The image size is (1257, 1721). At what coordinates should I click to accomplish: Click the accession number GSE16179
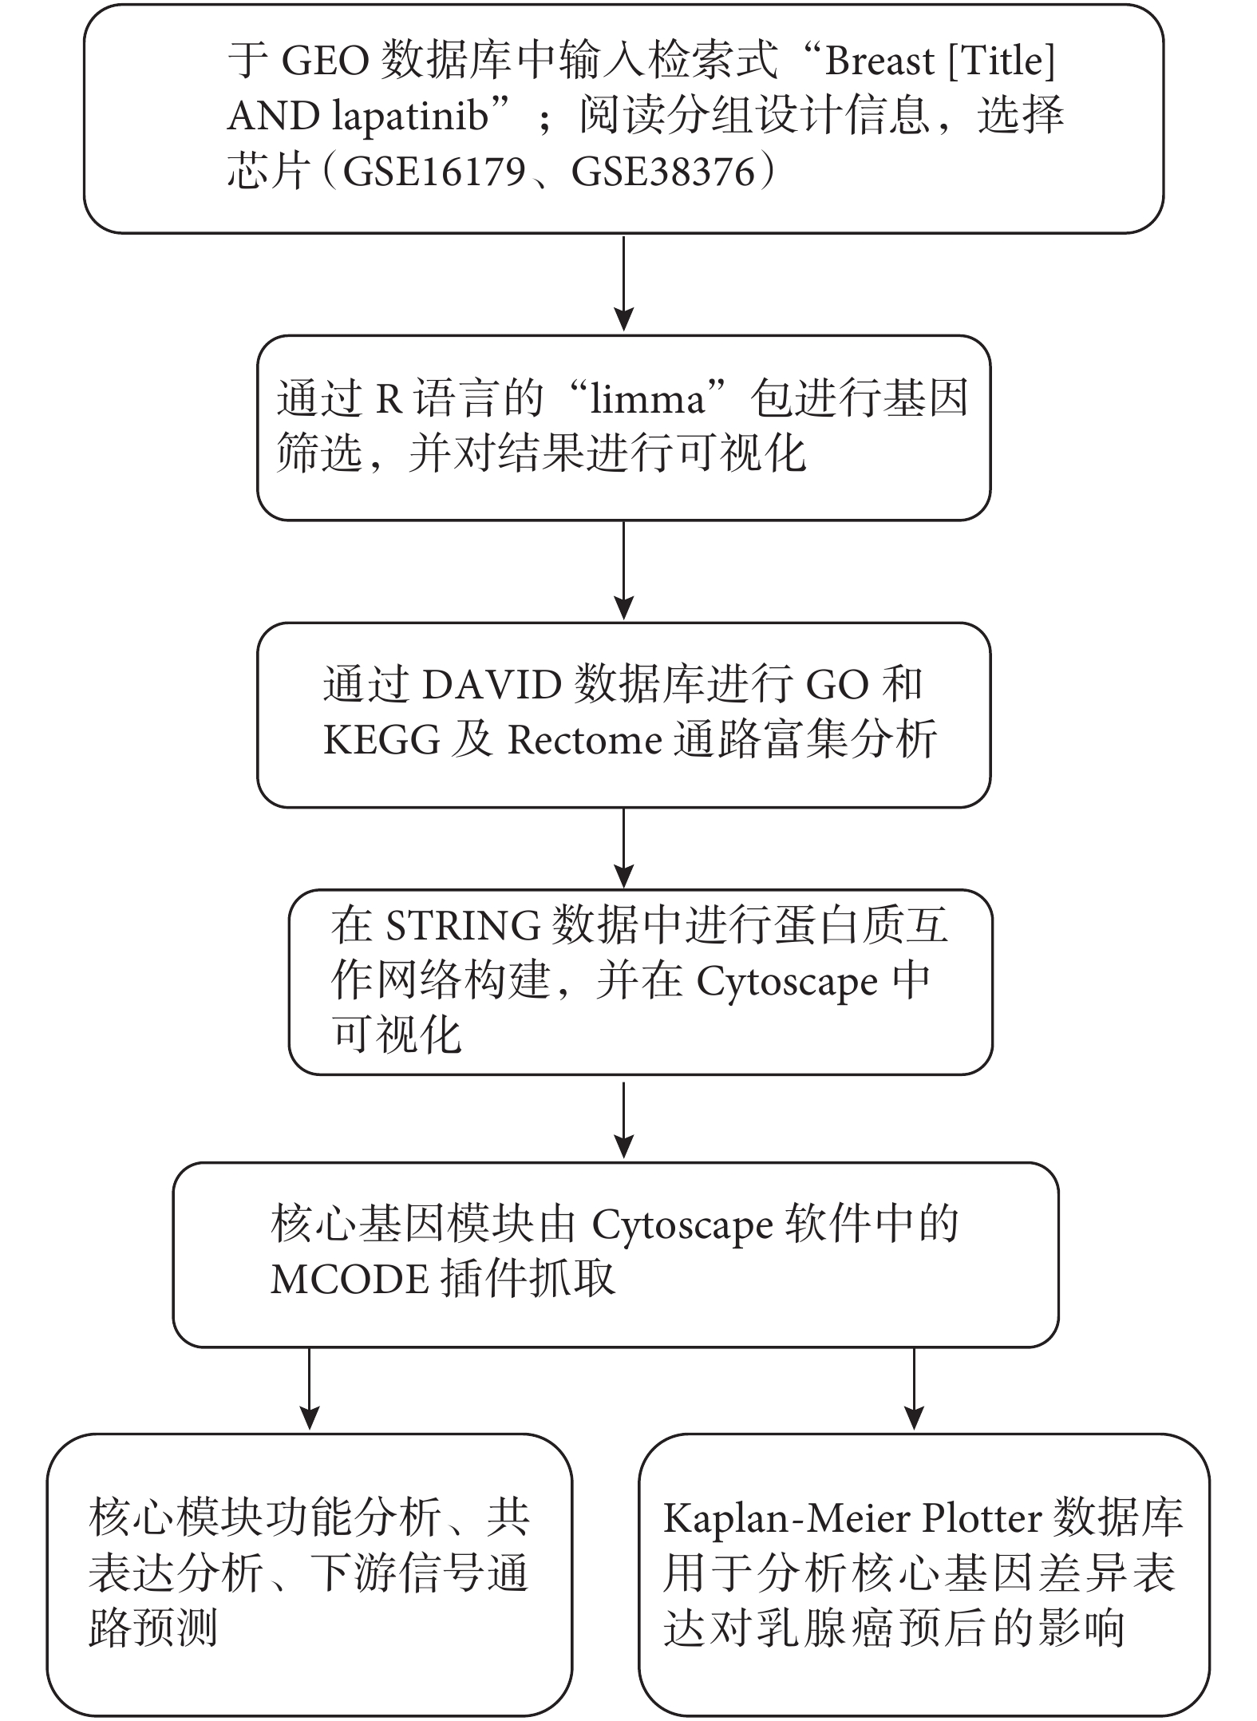[434, 172]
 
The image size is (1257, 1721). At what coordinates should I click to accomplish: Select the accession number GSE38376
[663, 172]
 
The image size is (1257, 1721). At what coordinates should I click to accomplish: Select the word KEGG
[381, 740]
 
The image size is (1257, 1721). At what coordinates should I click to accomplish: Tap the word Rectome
[585, 740]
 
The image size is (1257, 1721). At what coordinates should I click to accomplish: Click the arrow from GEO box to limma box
[624, 283]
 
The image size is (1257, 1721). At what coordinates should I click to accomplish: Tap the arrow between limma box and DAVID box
[624, 571]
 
